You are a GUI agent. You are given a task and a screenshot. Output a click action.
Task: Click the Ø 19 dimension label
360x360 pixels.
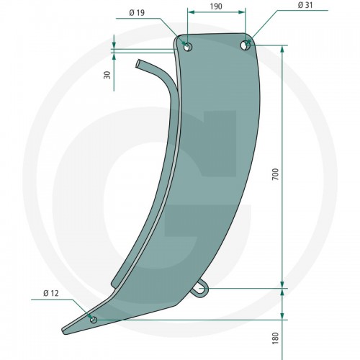point(137,13)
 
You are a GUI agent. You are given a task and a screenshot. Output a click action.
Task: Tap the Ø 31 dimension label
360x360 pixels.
point(305,5)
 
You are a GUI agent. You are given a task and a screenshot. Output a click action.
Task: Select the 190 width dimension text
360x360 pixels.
point(216,6)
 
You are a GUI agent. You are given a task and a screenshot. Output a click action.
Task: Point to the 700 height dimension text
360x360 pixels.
point(276,174)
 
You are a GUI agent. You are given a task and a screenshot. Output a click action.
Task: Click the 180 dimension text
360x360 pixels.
point(276,338)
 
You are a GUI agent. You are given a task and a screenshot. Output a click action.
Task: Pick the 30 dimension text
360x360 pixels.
point(107,75)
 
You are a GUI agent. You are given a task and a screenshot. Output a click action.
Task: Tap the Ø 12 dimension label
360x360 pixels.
point(51,293)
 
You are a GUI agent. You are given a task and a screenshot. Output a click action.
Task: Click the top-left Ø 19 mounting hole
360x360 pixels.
point(187,47)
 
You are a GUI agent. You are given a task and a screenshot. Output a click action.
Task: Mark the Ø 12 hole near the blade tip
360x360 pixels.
point(94,320)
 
